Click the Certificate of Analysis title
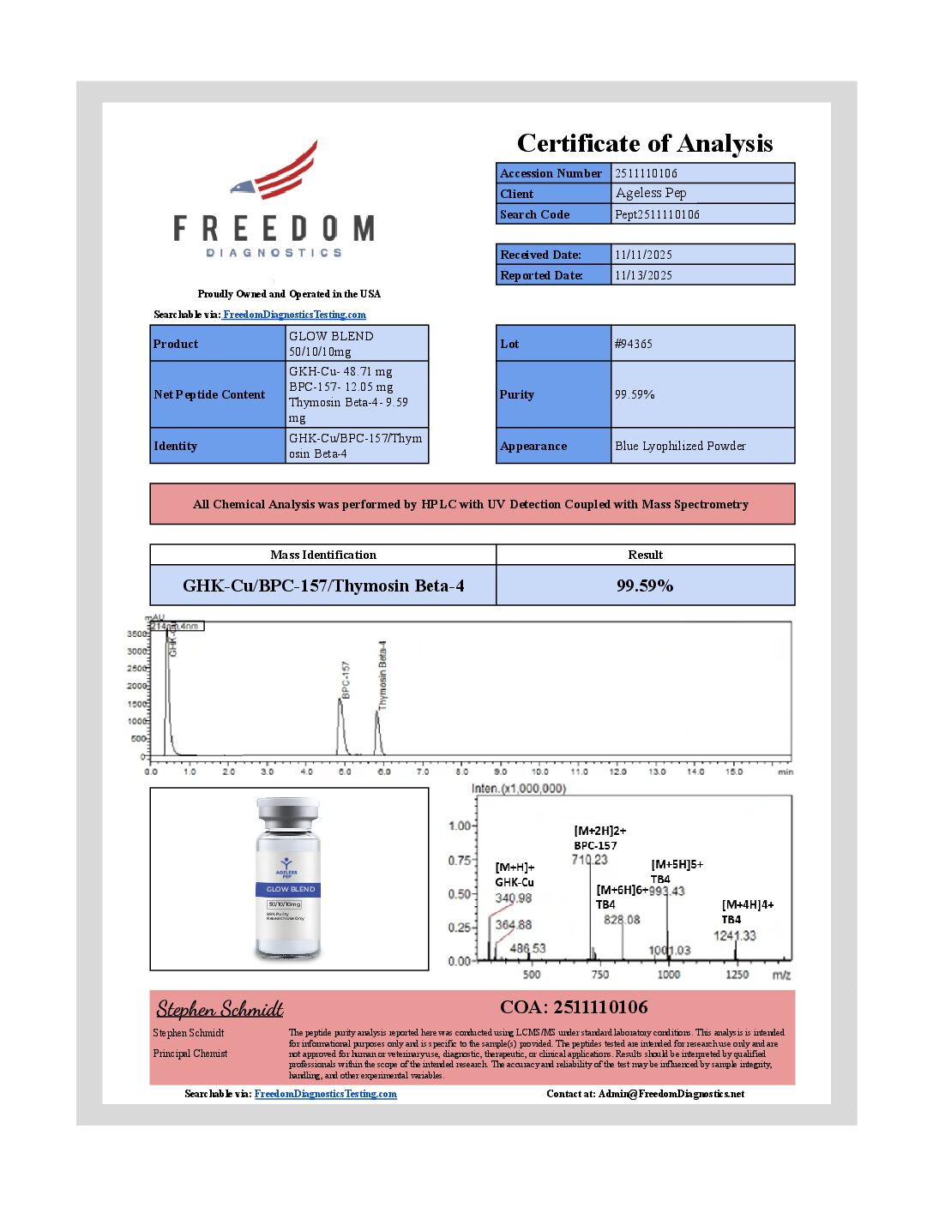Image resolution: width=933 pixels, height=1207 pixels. point(644,143)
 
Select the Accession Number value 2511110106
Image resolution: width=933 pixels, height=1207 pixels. point(646,173)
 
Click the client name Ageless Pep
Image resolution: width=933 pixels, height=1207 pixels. point(651,193)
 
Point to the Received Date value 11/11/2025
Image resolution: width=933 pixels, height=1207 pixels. point(643,255)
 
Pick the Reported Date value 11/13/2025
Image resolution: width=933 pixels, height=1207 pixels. point(643,275)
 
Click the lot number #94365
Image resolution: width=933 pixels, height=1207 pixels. point(634,344)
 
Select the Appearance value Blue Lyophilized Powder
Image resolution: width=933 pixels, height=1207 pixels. point(680,446)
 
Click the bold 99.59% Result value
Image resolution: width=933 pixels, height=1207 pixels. point(645,585)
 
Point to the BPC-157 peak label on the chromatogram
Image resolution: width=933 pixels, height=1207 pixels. point(346,679)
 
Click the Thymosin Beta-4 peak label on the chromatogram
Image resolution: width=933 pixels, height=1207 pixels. point(383,674)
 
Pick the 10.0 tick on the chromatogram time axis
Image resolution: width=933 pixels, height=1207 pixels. point(539,772)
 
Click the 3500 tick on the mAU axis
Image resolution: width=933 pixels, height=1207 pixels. point(137,634)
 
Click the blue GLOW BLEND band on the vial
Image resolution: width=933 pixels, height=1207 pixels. point(287,889)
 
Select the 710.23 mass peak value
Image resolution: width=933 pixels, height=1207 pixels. point(590,860)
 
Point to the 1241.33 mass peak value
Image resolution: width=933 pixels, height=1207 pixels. point(735,935)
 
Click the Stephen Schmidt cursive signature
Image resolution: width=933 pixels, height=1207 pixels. point(220,1009)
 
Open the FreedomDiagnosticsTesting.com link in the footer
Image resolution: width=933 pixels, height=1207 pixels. point(326,1094)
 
